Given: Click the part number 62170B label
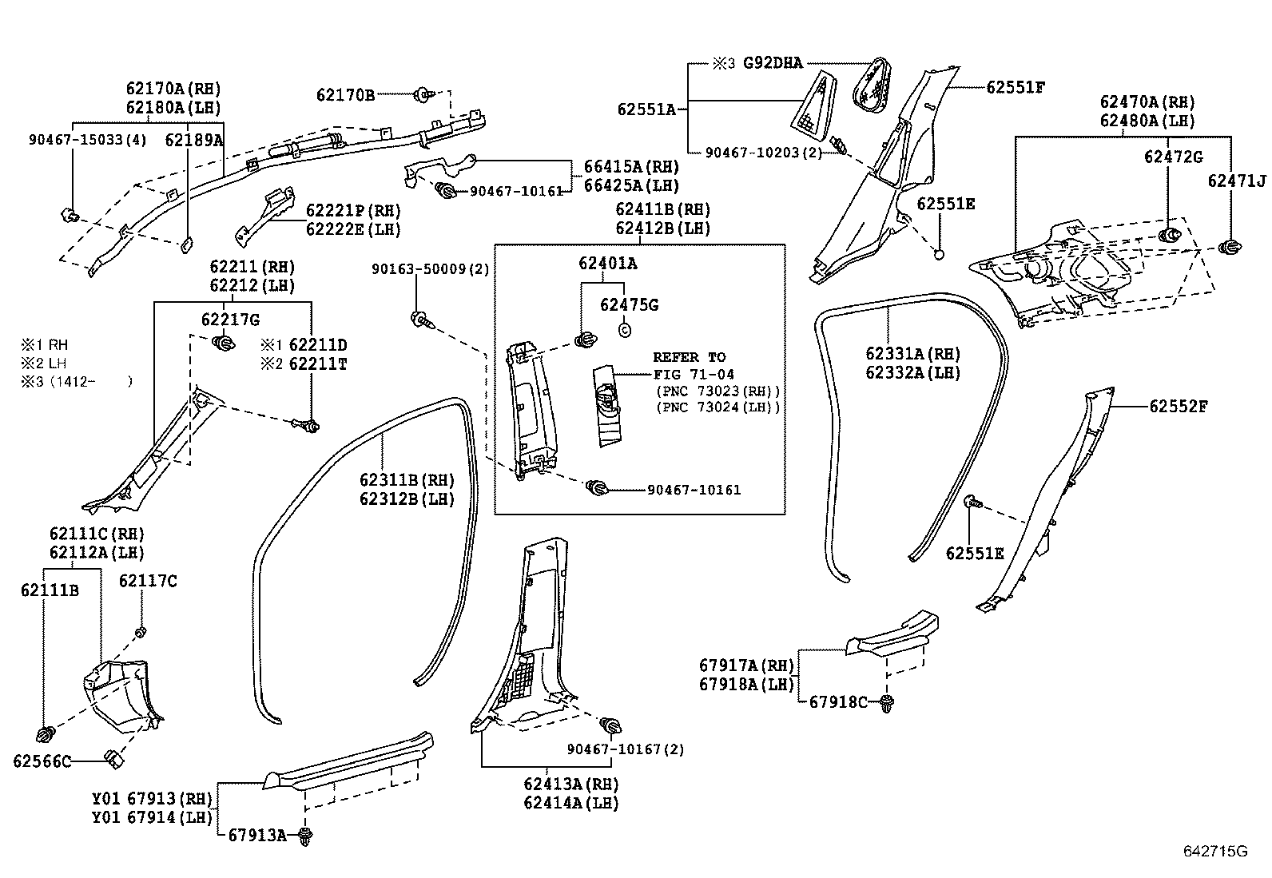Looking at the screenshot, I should (x=345, y=95).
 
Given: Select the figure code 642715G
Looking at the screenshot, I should (x=1214, y=851).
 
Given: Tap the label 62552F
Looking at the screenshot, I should (x=1178, y=407).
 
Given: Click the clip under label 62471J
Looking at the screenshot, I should (x=1230, y=246).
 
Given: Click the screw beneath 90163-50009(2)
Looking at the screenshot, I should (x=420, y=321).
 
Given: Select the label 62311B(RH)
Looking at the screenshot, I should (x=406, y=480).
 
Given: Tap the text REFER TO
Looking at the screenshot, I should (x=690, y=357).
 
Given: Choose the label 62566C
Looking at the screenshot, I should (x=42, y=761).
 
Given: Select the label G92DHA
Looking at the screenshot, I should (x=773, y=63).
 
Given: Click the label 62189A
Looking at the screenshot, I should (x=194, y=140).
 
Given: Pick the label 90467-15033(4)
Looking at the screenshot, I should (x=88, y=140).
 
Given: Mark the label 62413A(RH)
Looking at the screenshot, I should (x=571, y=785).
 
